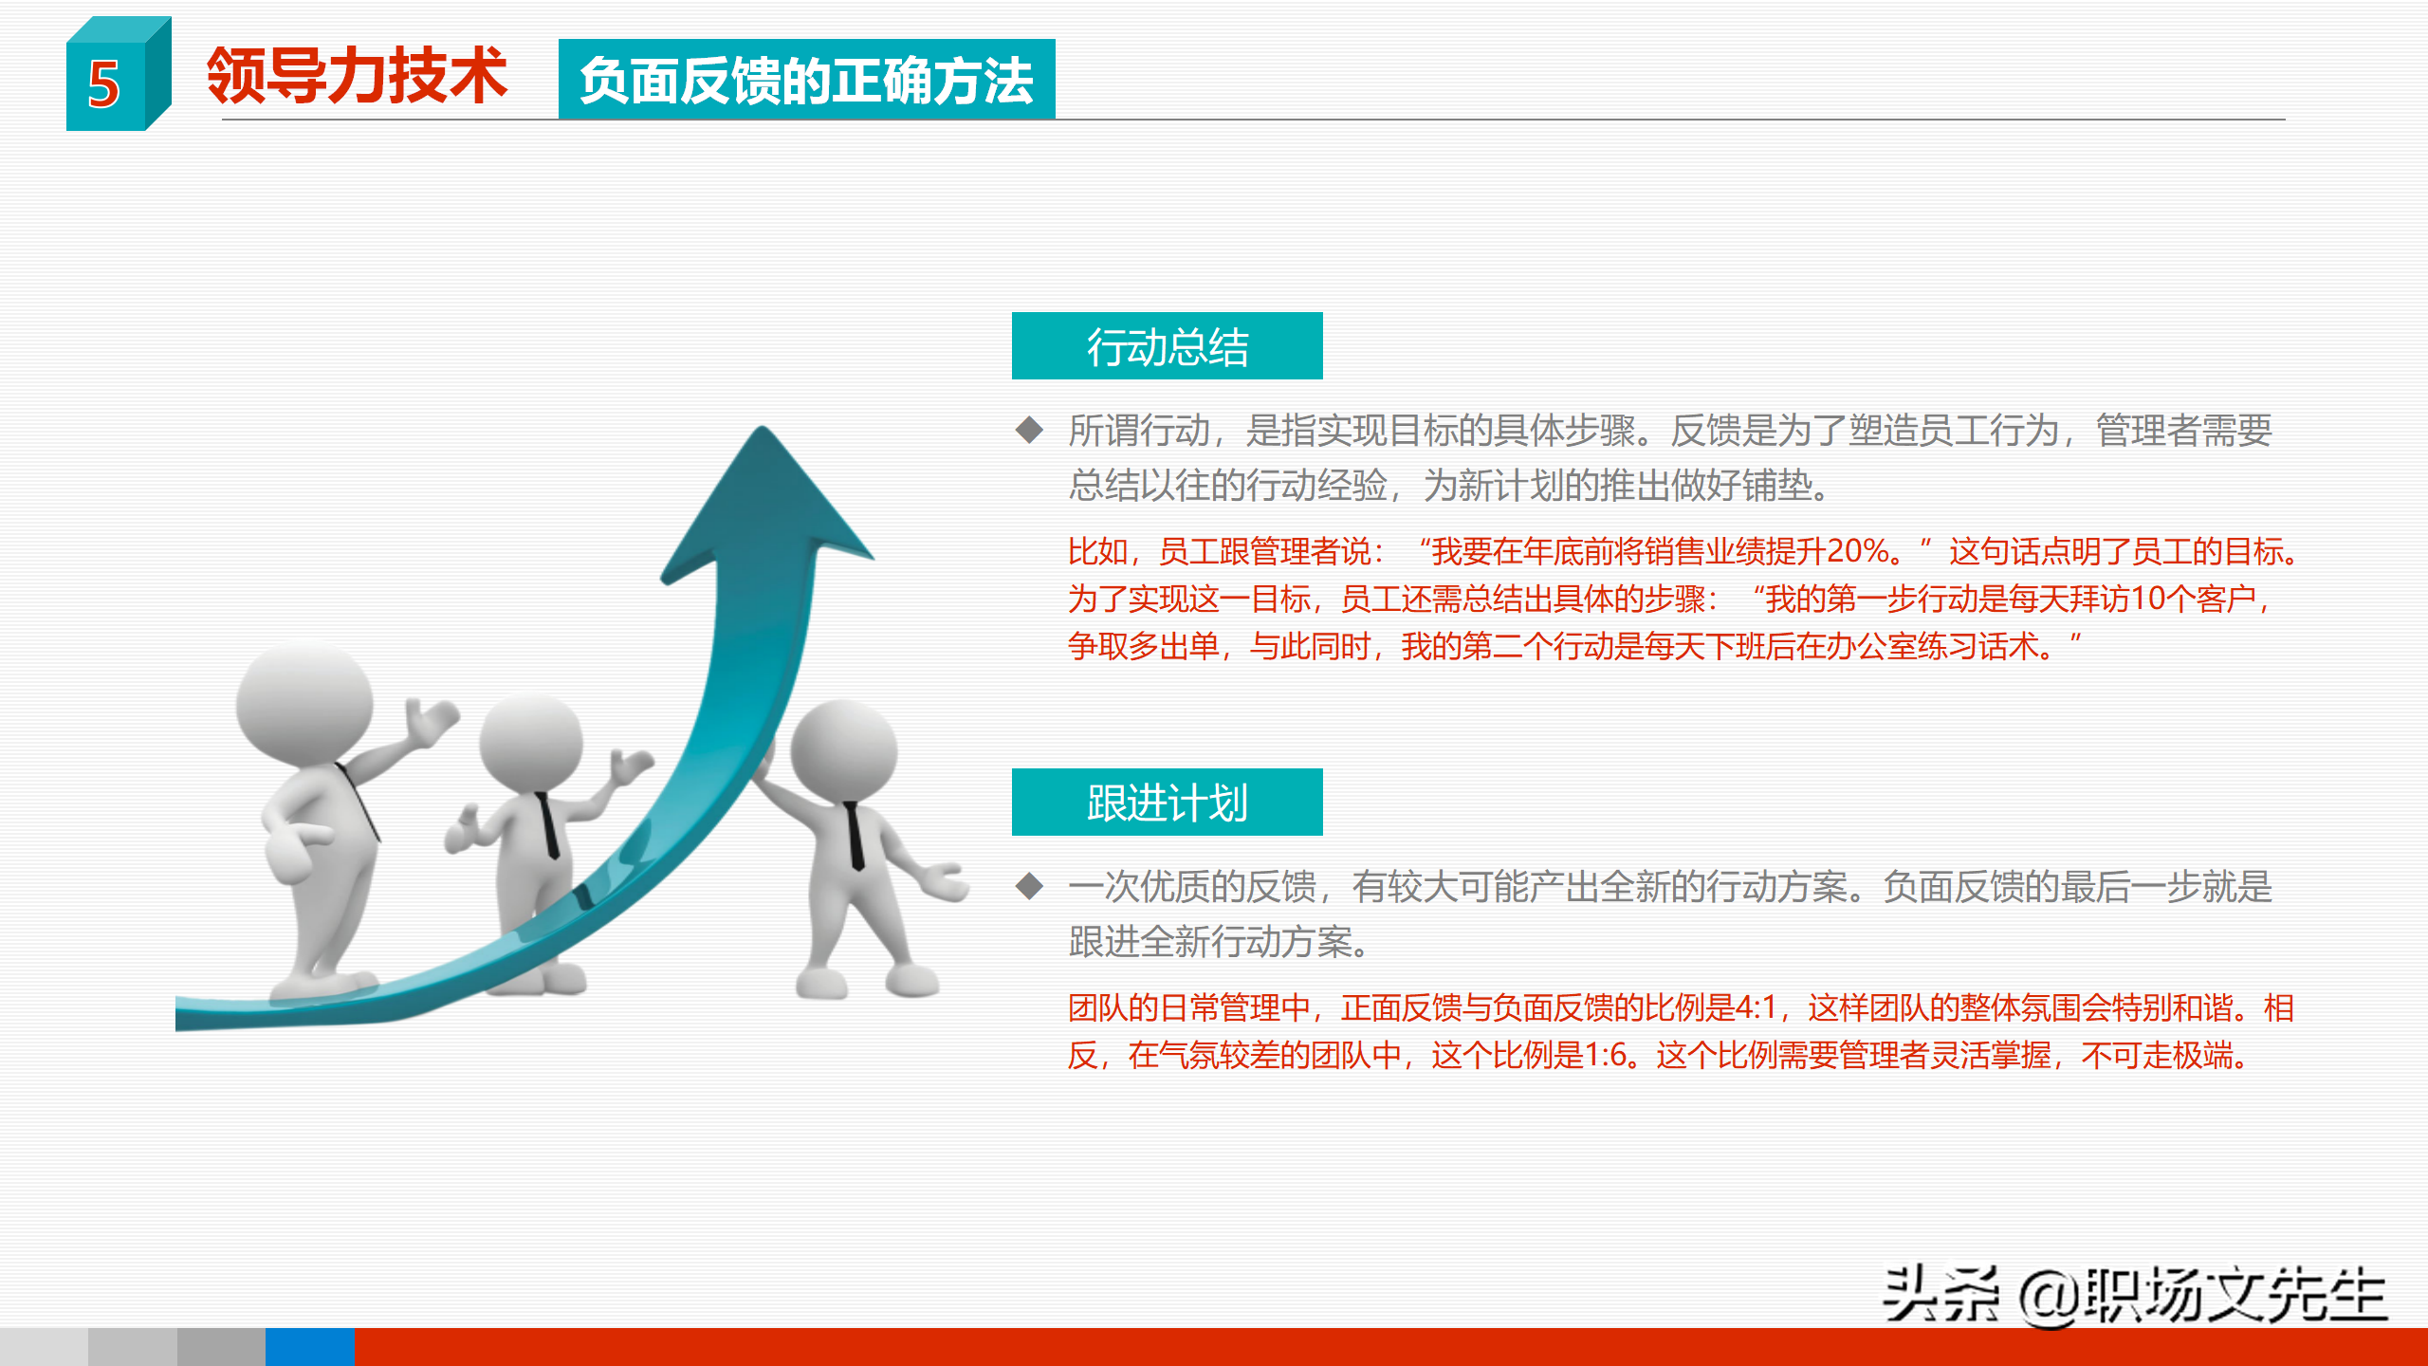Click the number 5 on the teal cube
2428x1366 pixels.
coord(104,85)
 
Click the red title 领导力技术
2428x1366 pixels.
coord(357,76)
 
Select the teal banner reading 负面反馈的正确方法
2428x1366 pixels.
coord(806,80)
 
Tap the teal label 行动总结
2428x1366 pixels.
coord(1167,346)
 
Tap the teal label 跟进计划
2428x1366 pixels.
coord(1167,803)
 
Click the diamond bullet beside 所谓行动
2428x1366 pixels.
coord(1029,431)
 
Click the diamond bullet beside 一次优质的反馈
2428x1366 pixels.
coord(1029,887)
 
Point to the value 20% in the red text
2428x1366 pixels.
coord(1859,551)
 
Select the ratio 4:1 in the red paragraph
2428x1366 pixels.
coord(1756,1007)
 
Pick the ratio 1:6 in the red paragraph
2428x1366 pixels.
coord(1606,1055)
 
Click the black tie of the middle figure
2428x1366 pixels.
coord(548,825)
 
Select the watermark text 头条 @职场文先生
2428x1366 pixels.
coord(2134,1296)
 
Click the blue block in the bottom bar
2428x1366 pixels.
coord(309,1347)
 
